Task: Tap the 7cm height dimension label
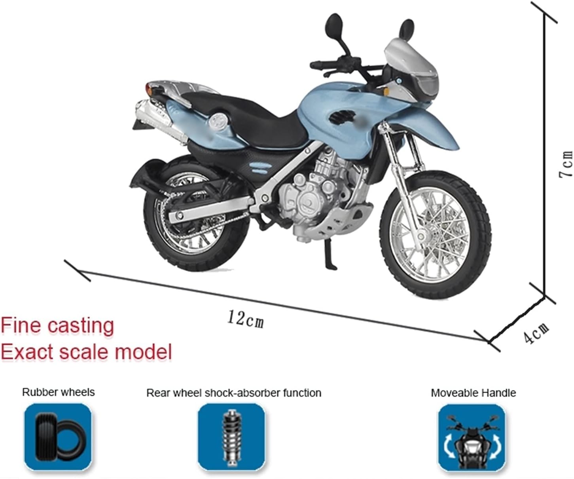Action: point(566,163)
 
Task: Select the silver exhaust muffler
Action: point(156,115)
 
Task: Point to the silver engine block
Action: point(316,190)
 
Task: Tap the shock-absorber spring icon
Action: point(231,437)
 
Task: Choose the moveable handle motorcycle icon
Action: point(472,437)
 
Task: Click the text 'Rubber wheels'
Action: point(58,392)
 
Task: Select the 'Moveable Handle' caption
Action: point(473,393)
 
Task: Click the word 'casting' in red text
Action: point(81,326)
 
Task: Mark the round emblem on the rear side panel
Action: point(219,120)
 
